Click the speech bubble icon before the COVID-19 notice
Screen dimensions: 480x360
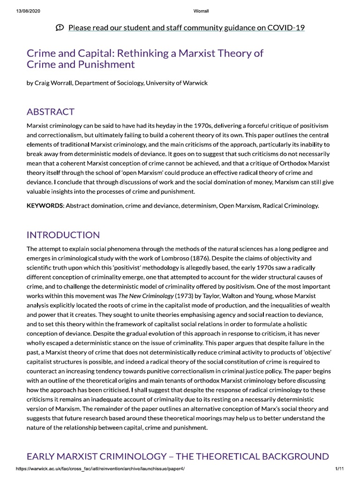[60, 28]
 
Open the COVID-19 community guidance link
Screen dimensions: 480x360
[187, 28]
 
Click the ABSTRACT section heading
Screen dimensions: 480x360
[51, 112]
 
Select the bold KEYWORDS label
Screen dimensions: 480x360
[45, 206]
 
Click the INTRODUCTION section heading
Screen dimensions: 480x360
[63, 235]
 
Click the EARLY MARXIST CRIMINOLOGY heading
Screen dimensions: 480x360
[178, 456]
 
